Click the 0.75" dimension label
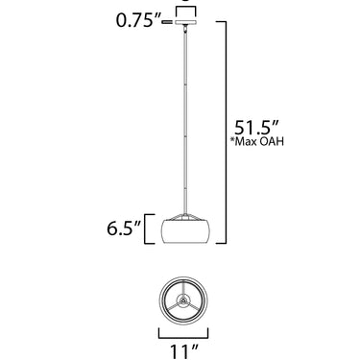point(138,21)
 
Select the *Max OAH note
point(257,141)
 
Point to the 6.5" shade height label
point(124,228)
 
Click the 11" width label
point(183,351)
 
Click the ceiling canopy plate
point(185,22)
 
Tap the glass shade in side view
point(185,231)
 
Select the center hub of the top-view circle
point(183,300)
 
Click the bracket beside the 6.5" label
point(149,228)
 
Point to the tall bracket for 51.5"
point(227,132)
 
